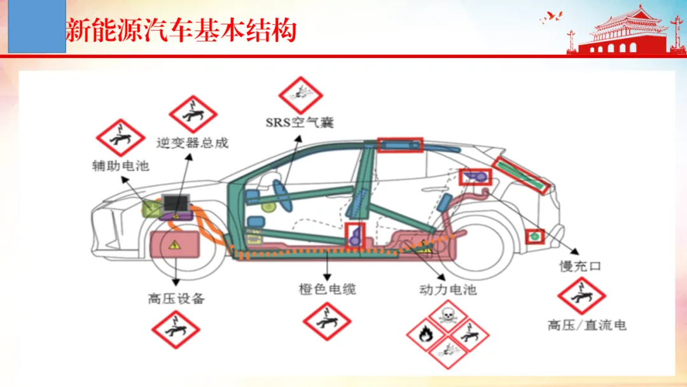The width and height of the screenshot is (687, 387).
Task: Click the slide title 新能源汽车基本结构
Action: point(181,31)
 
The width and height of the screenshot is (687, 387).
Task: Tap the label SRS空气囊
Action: point(300,122)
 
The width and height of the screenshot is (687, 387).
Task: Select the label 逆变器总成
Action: point(192,143)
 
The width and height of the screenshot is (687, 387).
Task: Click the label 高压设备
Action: point(176,299)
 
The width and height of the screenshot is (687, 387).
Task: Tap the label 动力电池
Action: point(448,290)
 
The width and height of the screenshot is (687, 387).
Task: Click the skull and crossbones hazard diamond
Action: point(447,314)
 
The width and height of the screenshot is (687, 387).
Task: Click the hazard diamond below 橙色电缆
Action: point(327,321)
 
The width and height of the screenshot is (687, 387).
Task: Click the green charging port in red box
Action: point(534,236)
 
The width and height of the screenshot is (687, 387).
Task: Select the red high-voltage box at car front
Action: point(175,244)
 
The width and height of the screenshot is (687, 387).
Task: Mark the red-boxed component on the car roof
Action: point(399,145)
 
